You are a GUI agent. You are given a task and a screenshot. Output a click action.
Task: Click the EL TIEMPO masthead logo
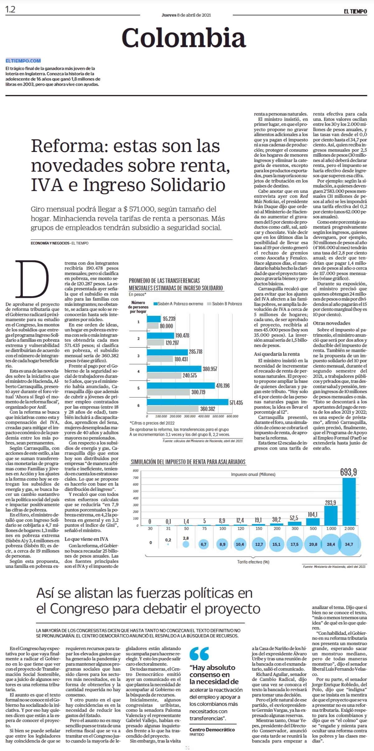pos(355,12)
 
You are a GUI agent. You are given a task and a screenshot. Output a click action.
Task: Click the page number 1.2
pos(10,10)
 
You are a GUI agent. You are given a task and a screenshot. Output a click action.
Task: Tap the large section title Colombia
pos(184,37)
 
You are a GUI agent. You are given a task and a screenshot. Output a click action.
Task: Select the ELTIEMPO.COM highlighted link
pos(23,61)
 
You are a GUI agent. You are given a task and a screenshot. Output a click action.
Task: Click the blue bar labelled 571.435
pos(188,402)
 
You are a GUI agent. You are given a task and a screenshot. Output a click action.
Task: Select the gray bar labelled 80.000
pos(153,326)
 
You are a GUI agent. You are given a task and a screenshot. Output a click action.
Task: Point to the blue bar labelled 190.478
pos(161,335)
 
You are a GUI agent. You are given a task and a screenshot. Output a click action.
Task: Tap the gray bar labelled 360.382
pos(173,409)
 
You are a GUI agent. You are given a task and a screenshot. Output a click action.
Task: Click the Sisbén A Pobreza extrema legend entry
pos(178,304)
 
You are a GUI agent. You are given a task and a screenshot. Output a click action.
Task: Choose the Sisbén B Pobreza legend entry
pos(224,304)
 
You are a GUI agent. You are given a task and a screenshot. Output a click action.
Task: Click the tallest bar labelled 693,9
pos(349,501)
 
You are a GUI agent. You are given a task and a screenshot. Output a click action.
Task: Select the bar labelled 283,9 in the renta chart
pos(331,516)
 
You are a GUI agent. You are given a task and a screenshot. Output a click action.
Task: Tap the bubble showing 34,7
pos(349,544)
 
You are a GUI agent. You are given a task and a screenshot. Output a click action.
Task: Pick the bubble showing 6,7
pos(203,544)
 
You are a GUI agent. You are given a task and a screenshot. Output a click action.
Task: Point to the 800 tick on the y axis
pos(136,471)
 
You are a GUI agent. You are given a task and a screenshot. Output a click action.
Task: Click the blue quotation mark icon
pos(199,653)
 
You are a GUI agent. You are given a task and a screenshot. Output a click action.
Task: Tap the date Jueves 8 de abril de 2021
pos(186,15)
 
